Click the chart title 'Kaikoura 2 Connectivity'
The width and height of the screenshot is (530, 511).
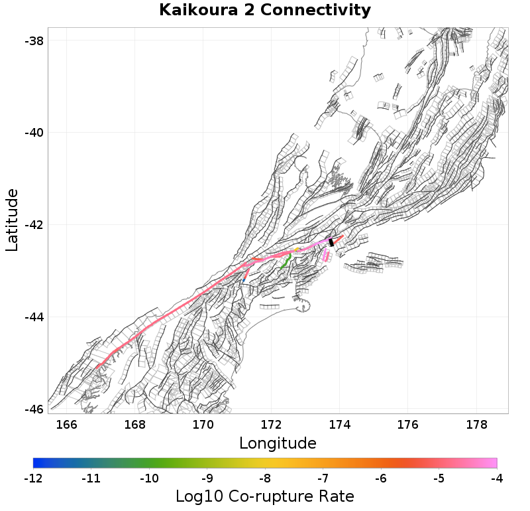[265, 11]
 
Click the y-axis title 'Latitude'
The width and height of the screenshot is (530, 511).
[12, 220]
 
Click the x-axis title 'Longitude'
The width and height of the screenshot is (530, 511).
[277, 443]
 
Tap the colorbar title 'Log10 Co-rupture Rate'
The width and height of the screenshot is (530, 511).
[264, 496]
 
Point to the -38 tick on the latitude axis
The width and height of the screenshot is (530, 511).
[34, 40]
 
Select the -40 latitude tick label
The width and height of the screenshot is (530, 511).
[34, 133]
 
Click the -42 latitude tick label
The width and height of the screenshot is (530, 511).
[34, 225]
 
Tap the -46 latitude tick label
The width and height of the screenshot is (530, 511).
[34, 409]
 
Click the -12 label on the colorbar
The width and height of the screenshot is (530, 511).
[33, 478]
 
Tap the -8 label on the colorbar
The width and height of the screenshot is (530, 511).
[265, 478]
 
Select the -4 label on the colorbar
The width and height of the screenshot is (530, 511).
[497, 478]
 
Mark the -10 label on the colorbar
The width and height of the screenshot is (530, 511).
[149, 478]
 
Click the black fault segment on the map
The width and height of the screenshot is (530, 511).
[331, 243]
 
